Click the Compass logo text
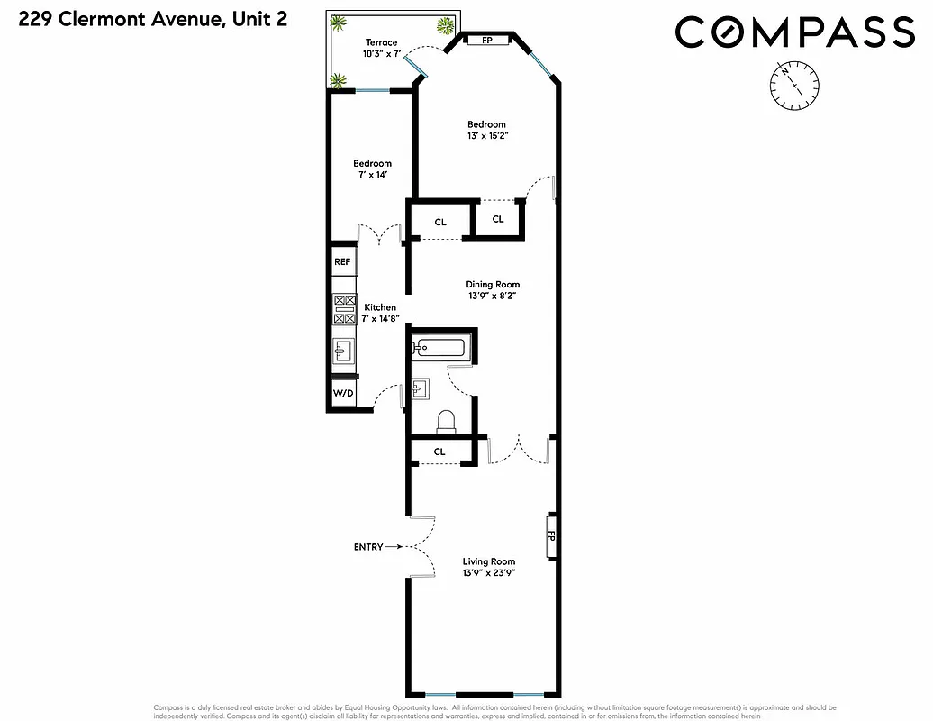coord(794,32)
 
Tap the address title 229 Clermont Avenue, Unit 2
coord(153,18)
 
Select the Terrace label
coord(381,42)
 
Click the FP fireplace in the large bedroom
coord(487,41)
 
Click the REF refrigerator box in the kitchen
coord(342,261)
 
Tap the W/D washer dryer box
coord(343,394)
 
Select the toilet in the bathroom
coord(445,422)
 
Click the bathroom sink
coord(421,389)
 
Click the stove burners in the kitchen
coord(344,309)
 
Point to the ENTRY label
coord(368,547)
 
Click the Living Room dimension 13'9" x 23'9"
coord(489,572)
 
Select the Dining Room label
coord(493,284)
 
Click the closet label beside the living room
coord(439,452)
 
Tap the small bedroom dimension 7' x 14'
coord(372,175)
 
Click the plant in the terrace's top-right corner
coord(446,25)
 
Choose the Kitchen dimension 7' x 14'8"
coord(379,318)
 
